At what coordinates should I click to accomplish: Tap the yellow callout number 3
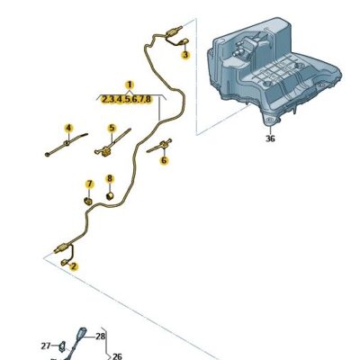click(x=185, y=55)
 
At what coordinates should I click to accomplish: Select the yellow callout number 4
click(x=67, y=128)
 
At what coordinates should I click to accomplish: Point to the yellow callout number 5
click(x=112, y=128)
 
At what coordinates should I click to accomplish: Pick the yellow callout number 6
click(x=164, y=161)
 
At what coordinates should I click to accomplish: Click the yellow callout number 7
click(x=88, y=184)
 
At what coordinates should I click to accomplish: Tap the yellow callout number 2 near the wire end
click(x=74, y=266)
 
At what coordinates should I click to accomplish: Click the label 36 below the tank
click(x=270, y=138)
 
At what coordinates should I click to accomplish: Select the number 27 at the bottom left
click(x=46, y=345)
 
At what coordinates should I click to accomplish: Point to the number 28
click(x=100, y=336)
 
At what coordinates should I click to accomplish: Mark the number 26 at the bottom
click(x=116, y=355)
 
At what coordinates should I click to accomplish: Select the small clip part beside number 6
click(x=166, y=145)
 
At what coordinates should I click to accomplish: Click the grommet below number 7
click(x=87, y=199)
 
